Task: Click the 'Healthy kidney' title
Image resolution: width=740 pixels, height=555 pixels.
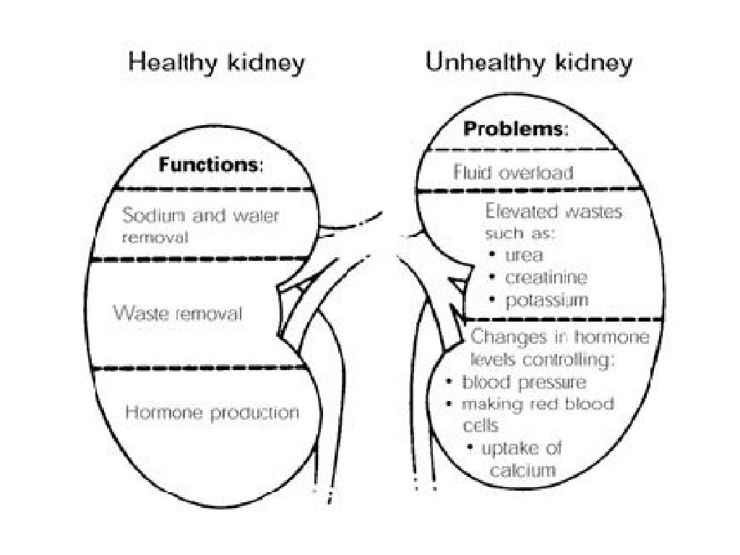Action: (216, 63)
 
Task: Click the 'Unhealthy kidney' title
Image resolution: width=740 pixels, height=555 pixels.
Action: (529, 63)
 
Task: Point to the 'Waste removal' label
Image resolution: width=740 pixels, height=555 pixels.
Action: (177, 314)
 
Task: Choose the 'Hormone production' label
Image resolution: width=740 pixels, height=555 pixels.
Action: (212, 413)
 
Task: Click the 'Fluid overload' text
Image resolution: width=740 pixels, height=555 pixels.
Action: (513, 173)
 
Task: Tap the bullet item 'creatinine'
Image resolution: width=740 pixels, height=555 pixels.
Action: (546, 277)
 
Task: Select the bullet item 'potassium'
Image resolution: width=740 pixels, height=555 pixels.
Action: (547, 299)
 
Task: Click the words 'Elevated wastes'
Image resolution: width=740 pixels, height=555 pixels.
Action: (554, 212)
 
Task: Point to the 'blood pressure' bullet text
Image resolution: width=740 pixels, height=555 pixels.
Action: (524, 382)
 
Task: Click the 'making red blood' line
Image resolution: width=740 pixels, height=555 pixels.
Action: (538, 403)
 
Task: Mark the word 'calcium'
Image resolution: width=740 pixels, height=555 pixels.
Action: (523, 470)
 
